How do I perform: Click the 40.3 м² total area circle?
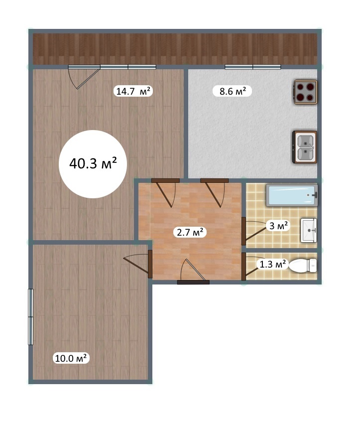tap(93, 164)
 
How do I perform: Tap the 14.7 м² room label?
tap(133, 91)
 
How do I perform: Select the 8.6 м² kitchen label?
tap(232, 91)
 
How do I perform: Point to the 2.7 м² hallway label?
tap(190, 232)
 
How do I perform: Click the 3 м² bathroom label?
tap(278, 226)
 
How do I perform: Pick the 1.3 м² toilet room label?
tap(272, 264)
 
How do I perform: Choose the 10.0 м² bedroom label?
tap(71, 358)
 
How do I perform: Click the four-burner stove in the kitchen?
tap(305, 92)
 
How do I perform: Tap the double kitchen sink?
tap(305, 147)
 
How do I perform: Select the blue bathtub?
tap(292, 195)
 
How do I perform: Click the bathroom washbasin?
tap(309, 230)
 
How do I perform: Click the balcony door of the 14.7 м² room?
tap(84, 77)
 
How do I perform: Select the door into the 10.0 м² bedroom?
tap(138, 264)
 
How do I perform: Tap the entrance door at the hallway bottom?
tap(193, 272)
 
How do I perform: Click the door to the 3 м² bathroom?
tap(254, 231)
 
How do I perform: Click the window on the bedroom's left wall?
tap(31, 317)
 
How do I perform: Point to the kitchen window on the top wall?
tap(252, 67)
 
